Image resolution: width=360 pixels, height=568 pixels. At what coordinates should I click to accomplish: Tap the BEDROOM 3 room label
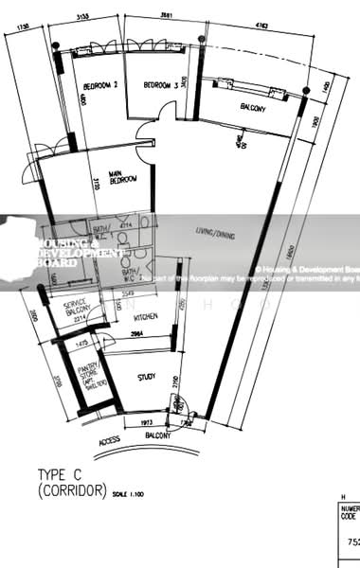point(160,85)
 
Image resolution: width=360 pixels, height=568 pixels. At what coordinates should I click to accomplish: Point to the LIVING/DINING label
point(214,232)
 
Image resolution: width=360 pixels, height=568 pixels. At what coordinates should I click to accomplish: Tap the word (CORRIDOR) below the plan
point(73,491)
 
